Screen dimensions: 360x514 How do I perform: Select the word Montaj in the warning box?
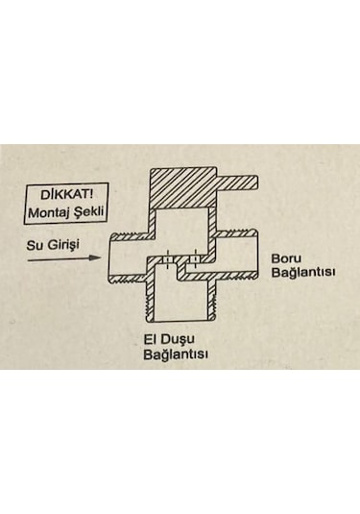(44, 208)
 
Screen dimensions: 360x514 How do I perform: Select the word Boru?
(288, 257)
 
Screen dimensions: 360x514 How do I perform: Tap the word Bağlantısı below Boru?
(302, 273)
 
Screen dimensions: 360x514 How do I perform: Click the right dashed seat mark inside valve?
(195, 258)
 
